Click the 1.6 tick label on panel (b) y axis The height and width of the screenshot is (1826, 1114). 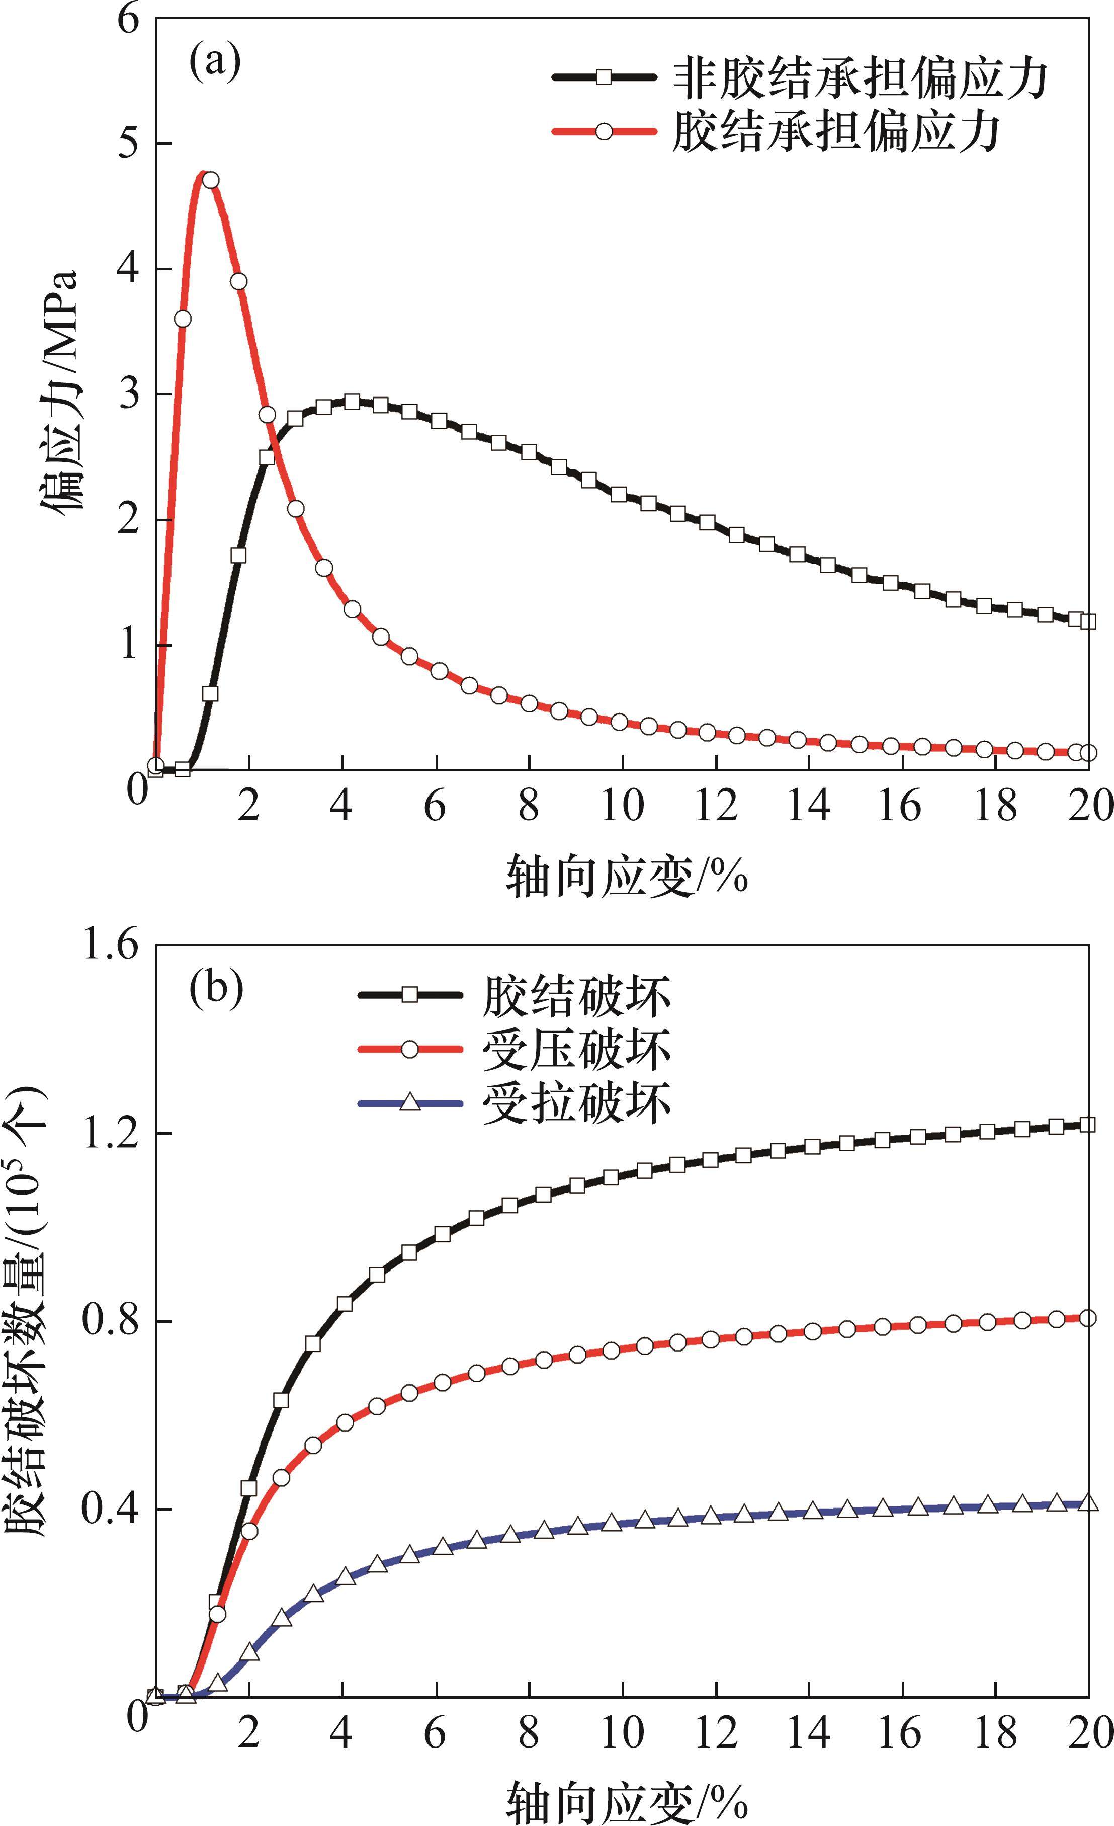click(x=111, y=946)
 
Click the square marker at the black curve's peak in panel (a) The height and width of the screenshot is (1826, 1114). click(x=352, y=402)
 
